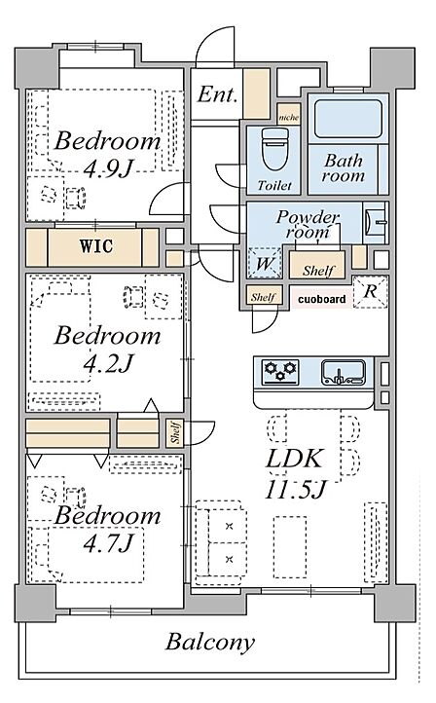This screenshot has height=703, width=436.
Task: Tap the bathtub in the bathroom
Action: (347, 119)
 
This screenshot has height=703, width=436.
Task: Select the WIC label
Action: (96, 246)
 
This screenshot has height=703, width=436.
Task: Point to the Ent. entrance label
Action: (217, 94)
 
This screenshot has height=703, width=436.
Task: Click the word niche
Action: (289, 118)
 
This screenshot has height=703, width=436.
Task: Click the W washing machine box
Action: (264, 264)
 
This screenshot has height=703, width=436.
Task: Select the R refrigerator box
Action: (370, 291)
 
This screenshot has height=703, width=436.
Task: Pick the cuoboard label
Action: (322, 299)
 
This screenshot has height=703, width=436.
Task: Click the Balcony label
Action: (210, 642)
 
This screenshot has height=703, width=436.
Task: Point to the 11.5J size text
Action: (295, 489)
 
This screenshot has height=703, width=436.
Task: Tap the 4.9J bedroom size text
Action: (108, 168)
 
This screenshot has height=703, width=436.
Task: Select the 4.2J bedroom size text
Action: (108, 363)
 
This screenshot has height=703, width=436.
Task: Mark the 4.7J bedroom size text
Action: (108, 543)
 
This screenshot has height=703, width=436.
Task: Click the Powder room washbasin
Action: (375, 222)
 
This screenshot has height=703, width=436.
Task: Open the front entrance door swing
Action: (215, 47)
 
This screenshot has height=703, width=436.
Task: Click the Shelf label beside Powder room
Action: (317, 271)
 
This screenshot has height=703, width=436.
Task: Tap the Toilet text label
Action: (274, 185)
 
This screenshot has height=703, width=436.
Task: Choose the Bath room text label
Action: (344, 168)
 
